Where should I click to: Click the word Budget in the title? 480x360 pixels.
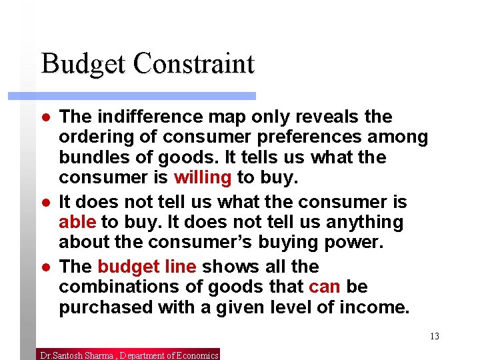pyautogui.click(x=84, y=64)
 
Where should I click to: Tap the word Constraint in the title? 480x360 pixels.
pyautogui.click(x=194, y=64)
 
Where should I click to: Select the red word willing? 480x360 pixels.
pyautogui.click(x=203, y=178)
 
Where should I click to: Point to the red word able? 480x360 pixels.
pyautogui.click(x=77, y=222)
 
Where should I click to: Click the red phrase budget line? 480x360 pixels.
pyautogui.click(x=147, y=267)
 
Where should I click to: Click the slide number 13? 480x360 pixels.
pyautogui.click(x=435, y=336)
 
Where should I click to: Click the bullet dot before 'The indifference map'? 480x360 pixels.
pyautogui.click(x=43, y=117)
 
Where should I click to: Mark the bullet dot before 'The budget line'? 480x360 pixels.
pyautogui.click(x=43, y=267)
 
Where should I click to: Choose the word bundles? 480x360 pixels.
pyautogui.click(x=90, y=158)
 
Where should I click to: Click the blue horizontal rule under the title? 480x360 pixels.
pyautogui.click(x=132, y=96)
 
